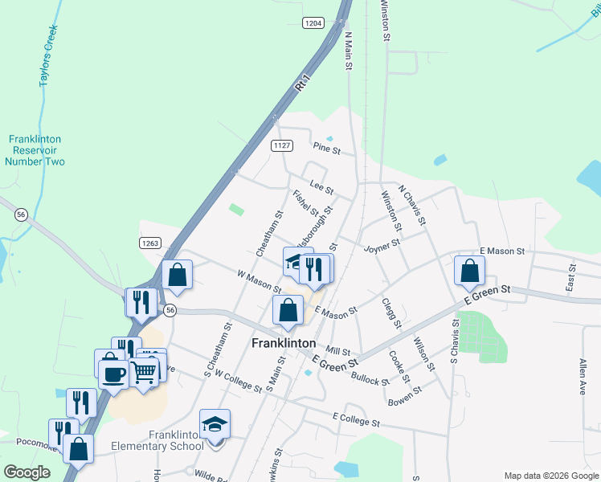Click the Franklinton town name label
point(284,342)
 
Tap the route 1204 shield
point(313,22)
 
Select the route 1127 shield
point(281,145)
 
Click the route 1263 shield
point(150,243)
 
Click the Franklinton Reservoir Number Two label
point(35,150)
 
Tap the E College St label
point(355,418)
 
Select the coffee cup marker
point(112,373)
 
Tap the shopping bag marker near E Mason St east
point(470,270)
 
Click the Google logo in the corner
point(27,472)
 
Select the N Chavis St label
point(415,208)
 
